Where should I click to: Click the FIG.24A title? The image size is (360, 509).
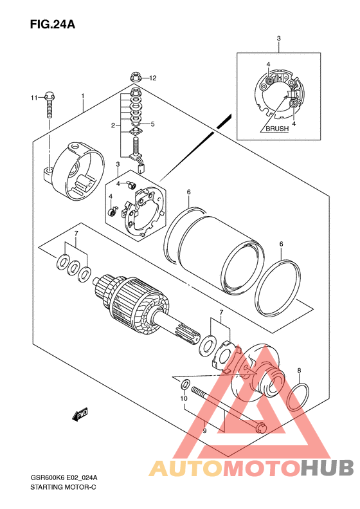[x=53, y=24]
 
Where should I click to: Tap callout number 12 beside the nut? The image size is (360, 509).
[x=153, y=78]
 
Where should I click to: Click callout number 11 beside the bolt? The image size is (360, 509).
[x=34, y=97]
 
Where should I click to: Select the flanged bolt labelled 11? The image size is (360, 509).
[x=50, y=105]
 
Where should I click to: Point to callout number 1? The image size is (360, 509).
[x=83, y=96]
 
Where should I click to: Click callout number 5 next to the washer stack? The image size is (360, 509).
[x=153, y=124]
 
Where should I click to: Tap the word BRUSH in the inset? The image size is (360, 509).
[x=277, y=129]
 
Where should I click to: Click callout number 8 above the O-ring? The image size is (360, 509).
[x=299, y=370]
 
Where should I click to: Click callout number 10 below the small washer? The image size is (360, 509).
[x=184, y=398]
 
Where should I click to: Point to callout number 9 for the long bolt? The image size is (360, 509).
[x=204, y=431]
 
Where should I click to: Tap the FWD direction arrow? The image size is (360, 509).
[x=80, y=414]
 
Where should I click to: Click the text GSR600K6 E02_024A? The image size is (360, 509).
[x=64, y=478]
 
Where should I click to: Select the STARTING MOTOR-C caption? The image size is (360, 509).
[x=63, y=487]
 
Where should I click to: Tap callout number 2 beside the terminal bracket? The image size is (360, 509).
[x=113, y=125]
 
